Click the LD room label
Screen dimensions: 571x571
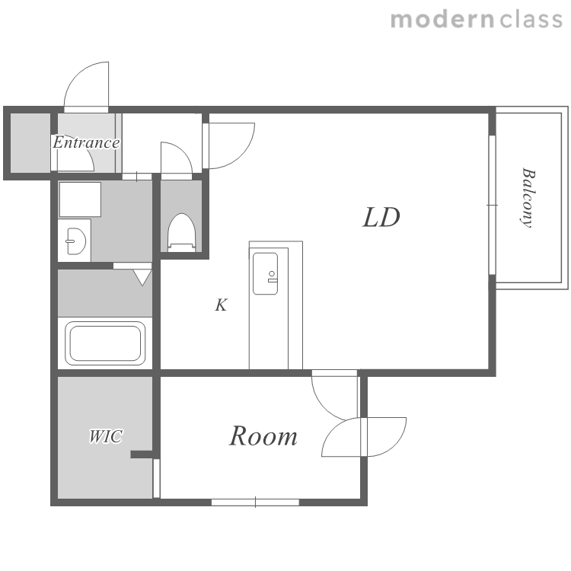pos(381,218)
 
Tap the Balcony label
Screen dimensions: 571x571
pos(528,198)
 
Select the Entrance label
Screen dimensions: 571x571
pos(86,142)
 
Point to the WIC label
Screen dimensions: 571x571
pos(106,436)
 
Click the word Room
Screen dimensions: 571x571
pos(263,436)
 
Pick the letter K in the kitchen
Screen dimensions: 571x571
pos(221,305)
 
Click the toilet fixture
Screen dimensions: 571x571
pos(182,232)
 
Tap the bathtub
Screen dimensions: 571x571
pos(105,343)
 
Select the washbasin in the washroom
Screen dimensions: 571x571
pos(75,241)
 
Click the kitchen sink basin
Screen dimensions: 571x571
pos(265,273)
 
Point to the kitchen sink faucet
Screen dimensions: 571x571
pos(272,277)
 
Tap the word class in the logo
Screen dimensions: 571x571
pos(531,20)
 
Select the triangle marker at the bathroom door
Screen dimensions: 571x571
pos(142,277)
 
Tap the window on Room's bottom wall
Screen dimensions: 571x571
pos(255,502)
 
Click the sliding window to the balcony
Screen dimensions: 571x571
pos(492,205)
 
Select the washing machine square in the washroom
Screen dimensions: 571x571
pos(80,199)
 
